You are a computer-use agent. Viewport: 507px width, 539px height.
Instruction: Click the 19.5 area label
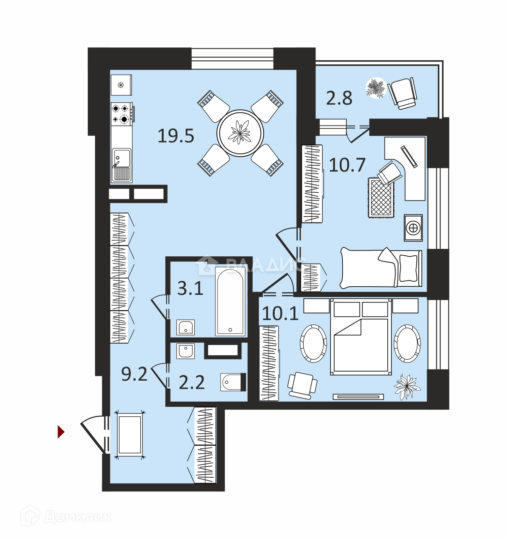tap(176, 136)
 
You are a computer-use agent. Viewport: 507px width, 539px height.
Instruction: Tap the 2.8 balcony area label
tap(339, 98)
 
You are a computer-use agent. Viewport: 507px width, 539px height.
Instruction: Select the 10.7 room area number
tap(347, 165)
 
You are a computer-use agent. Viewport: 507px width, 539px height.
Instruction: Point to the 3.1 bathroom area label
tap(190, 289)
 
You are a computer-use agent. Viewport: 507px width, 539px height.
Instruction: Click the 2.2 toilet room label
tap(192, 382)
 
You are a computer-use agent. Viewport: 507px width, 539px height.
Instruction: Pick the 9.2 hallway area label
tap(134, 374)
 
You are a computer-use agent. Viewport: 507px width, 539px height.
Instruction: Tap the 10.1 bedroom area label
tap(280, 314)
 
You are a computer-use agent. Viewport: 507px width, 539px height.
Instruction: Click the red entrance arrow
tap(61, 432)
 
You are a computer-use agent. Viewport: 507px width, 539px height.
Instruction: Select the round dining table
tap(240, 133)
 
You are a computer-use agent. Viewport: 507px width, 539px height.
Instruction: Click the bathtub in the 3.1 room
tap(230, 301)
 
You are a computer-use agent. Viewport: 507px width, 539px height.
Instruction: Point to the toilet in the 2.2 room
tap(232, 382)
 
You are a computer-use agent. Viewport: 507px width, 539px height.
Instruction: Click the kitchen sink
tap(121, 165)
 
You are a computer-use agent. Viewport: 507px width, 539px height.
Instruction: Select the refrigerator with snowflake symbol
tap(121, 85)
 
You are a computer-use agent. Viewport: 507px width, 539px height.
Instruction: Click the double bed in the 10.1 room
tap(361, 337)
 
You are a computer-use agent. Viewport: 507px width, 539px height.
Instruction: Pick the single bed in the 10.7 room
tap(381, 268)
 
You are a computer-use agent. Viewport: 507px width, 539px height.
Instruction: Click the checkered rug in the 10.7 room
tap(381, 198)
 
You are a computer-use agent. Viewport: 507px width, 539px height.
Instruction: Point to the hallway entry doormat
tap(130, 435)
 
